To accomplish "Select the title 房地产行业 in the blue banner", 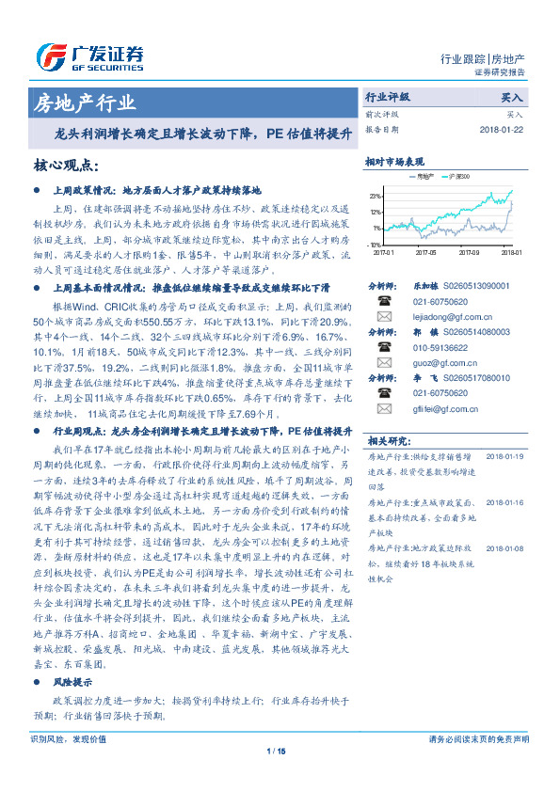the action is (84, 103).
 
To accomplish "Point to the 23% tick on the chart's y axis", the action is (376, 197).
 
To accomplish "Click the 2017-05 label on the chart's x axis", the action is (424, 252).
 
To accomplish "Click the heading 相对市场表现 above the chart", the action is (394, 162).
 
